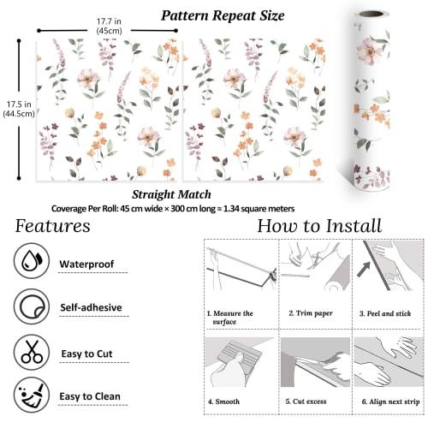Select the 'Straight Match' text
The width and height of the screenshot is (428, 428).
coord(170,195)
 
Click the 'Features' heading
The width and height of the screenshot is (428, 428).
coord(53,226)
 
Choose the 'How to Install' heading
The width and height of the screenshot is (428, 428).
coord(319,226)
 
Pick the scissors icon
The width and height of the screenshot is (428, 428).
coord(31,351)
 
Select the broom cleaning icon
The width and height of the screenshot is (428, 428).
coord(31,395)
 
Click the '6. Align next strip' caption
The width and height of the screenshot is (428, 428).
coord(389,401)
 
